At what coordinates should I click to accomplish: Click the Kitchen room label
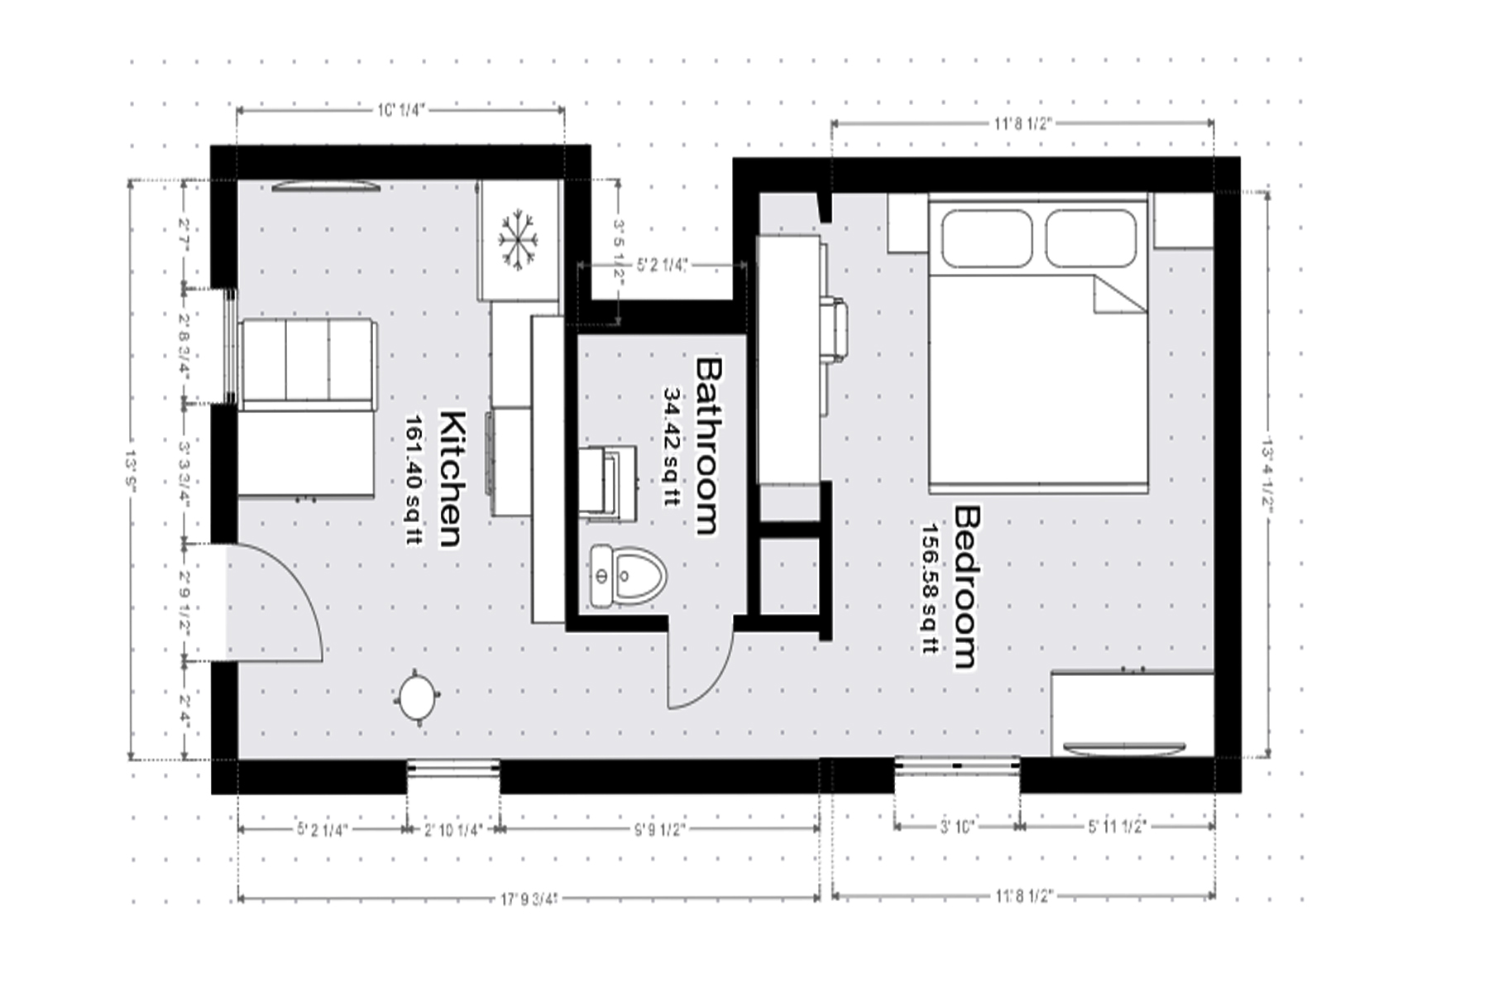coord(451,478)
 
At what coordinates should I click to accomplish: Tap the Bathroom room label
coord(709,445)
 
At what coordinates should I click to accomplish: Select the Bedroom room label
coord(966,587)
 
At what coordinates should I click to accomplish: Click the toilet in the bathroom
coord(630,574)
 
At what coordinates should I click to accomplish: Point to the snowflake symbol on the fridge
coord(518,239)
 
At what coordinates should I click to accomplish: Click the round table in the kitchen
coord(419,698)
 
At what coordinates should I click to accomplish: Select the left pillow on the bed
coord(985,237)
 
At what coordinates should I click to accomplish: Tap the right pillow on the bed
coord(1091,237)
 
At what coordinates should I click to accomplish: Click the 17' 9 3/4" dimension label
coord(529,898)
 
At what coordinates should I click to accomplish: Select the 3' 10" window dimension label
coord(956,827)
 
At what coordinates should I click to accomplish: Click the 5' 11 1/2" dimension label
coord(1117,827)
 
